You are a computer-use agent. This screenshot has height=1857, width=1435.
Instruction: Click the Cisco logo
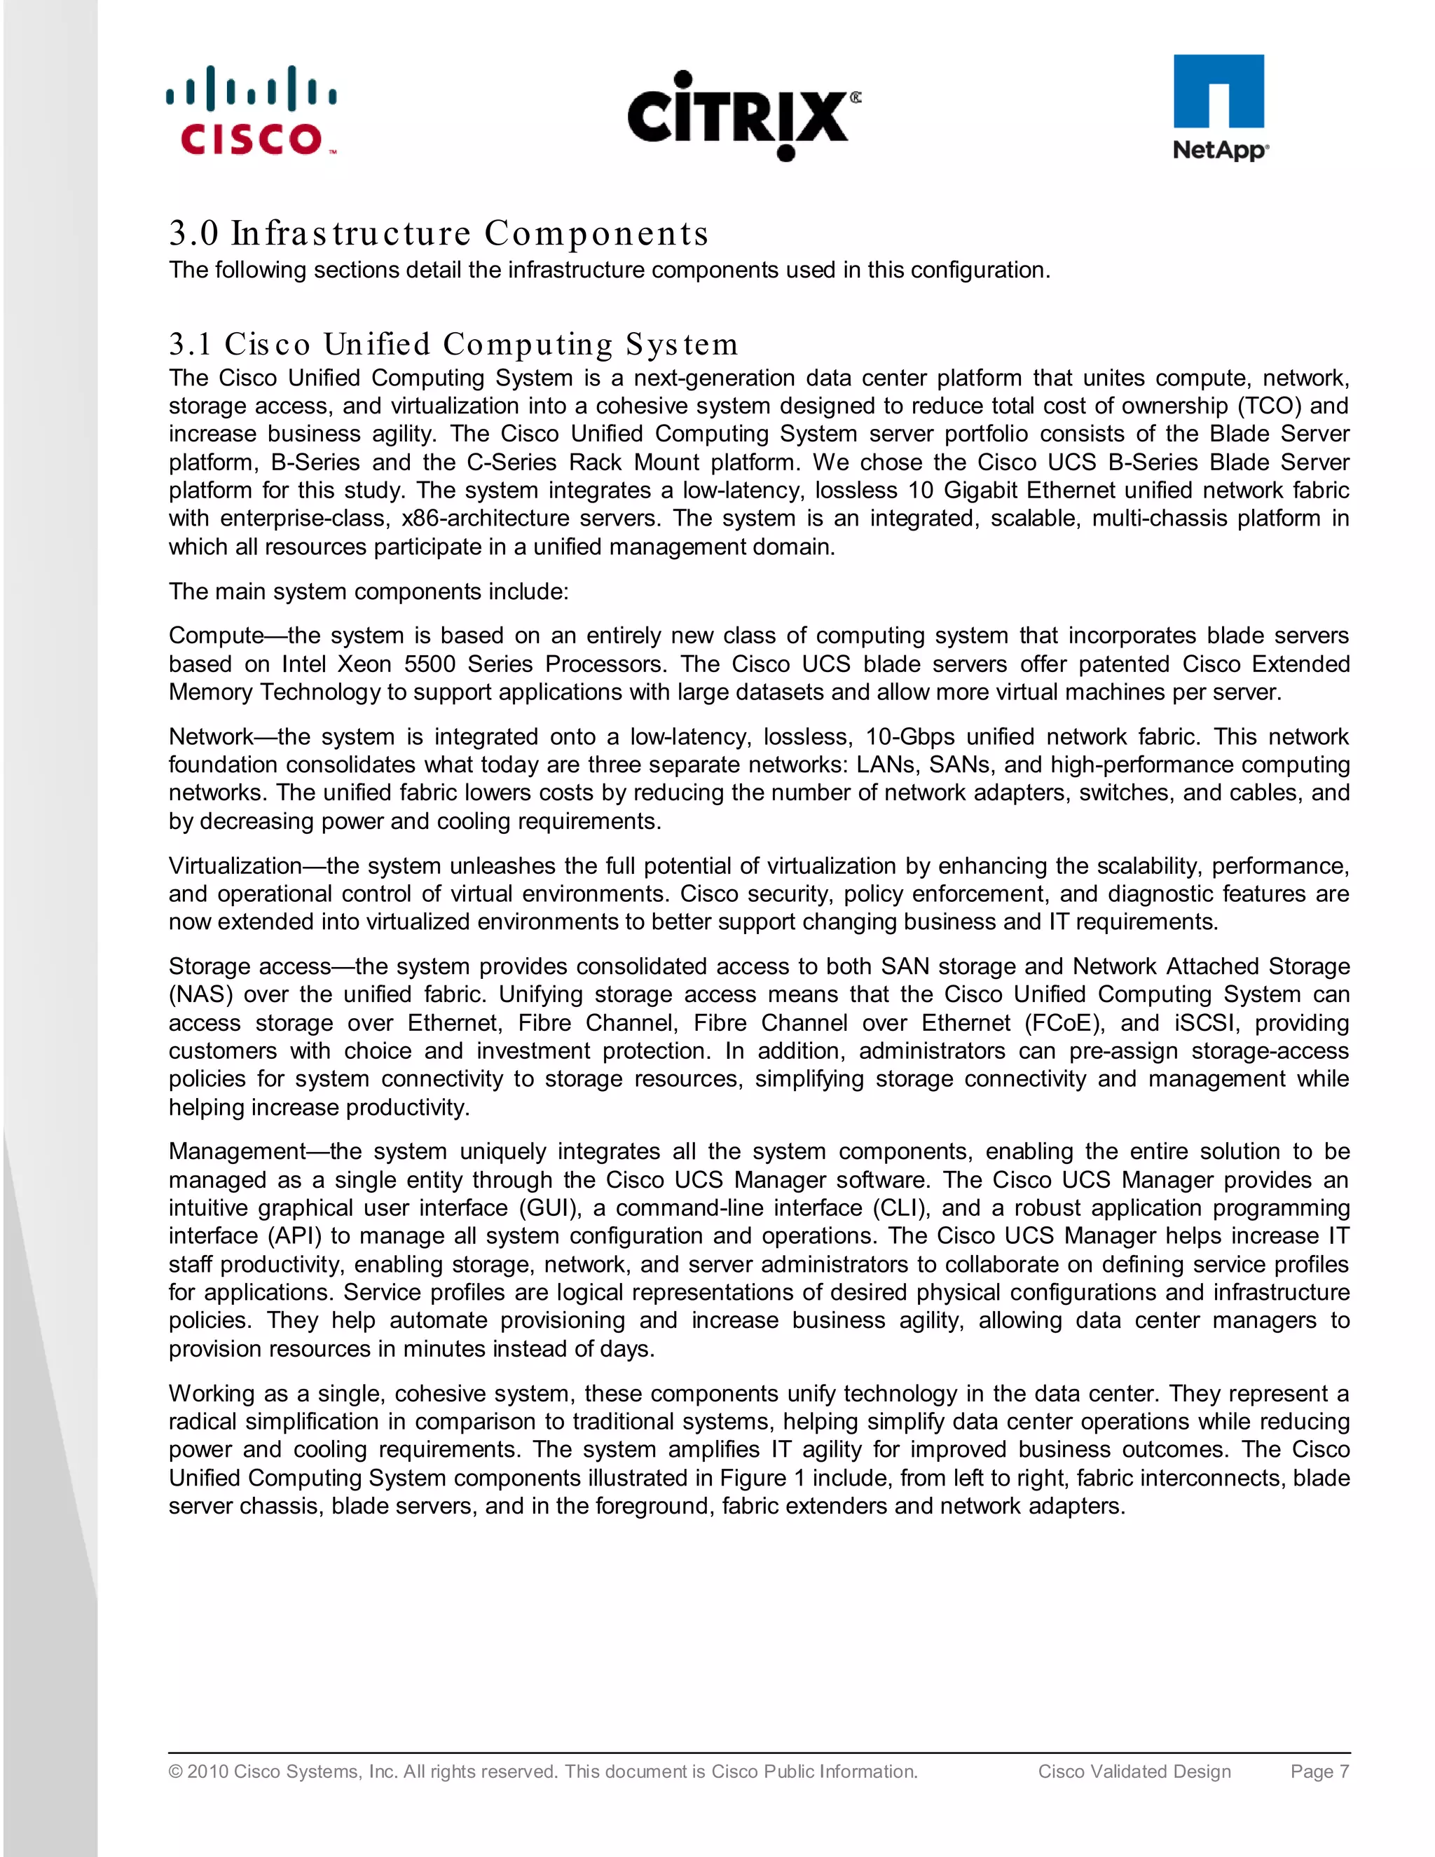point(252,111)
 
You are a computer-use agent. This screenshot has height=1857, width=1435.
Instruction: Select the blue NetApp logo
point(1219,108)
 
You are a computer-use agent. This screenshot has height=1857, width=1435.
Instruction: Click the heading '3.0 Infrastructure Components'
point(439,233)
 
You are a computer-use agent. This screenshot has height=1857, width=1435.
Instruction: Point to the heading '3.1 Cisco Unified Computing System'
point(453,344)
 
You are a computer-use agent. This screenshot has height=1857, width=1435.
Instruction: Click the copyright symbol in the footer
point(175,1772)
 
